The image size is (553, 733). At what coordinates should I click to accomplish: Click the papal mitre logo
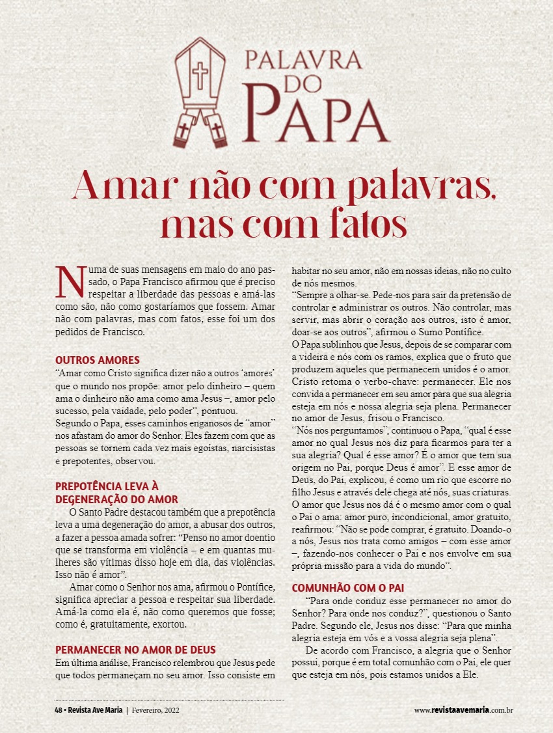[x=201, y=91]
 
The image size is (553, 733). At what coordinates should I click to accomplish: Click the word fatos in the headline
[x=360, y=225]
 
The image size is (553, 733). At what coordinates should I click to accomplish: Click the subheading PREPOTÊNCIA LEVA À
[x=107, y=486]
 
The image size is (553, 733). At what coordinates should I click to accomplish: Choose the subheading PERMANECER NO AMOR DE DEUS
[x=135, y=650]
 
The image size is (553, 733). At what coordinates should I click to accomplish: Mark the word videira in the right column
[x=313, y=357]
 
